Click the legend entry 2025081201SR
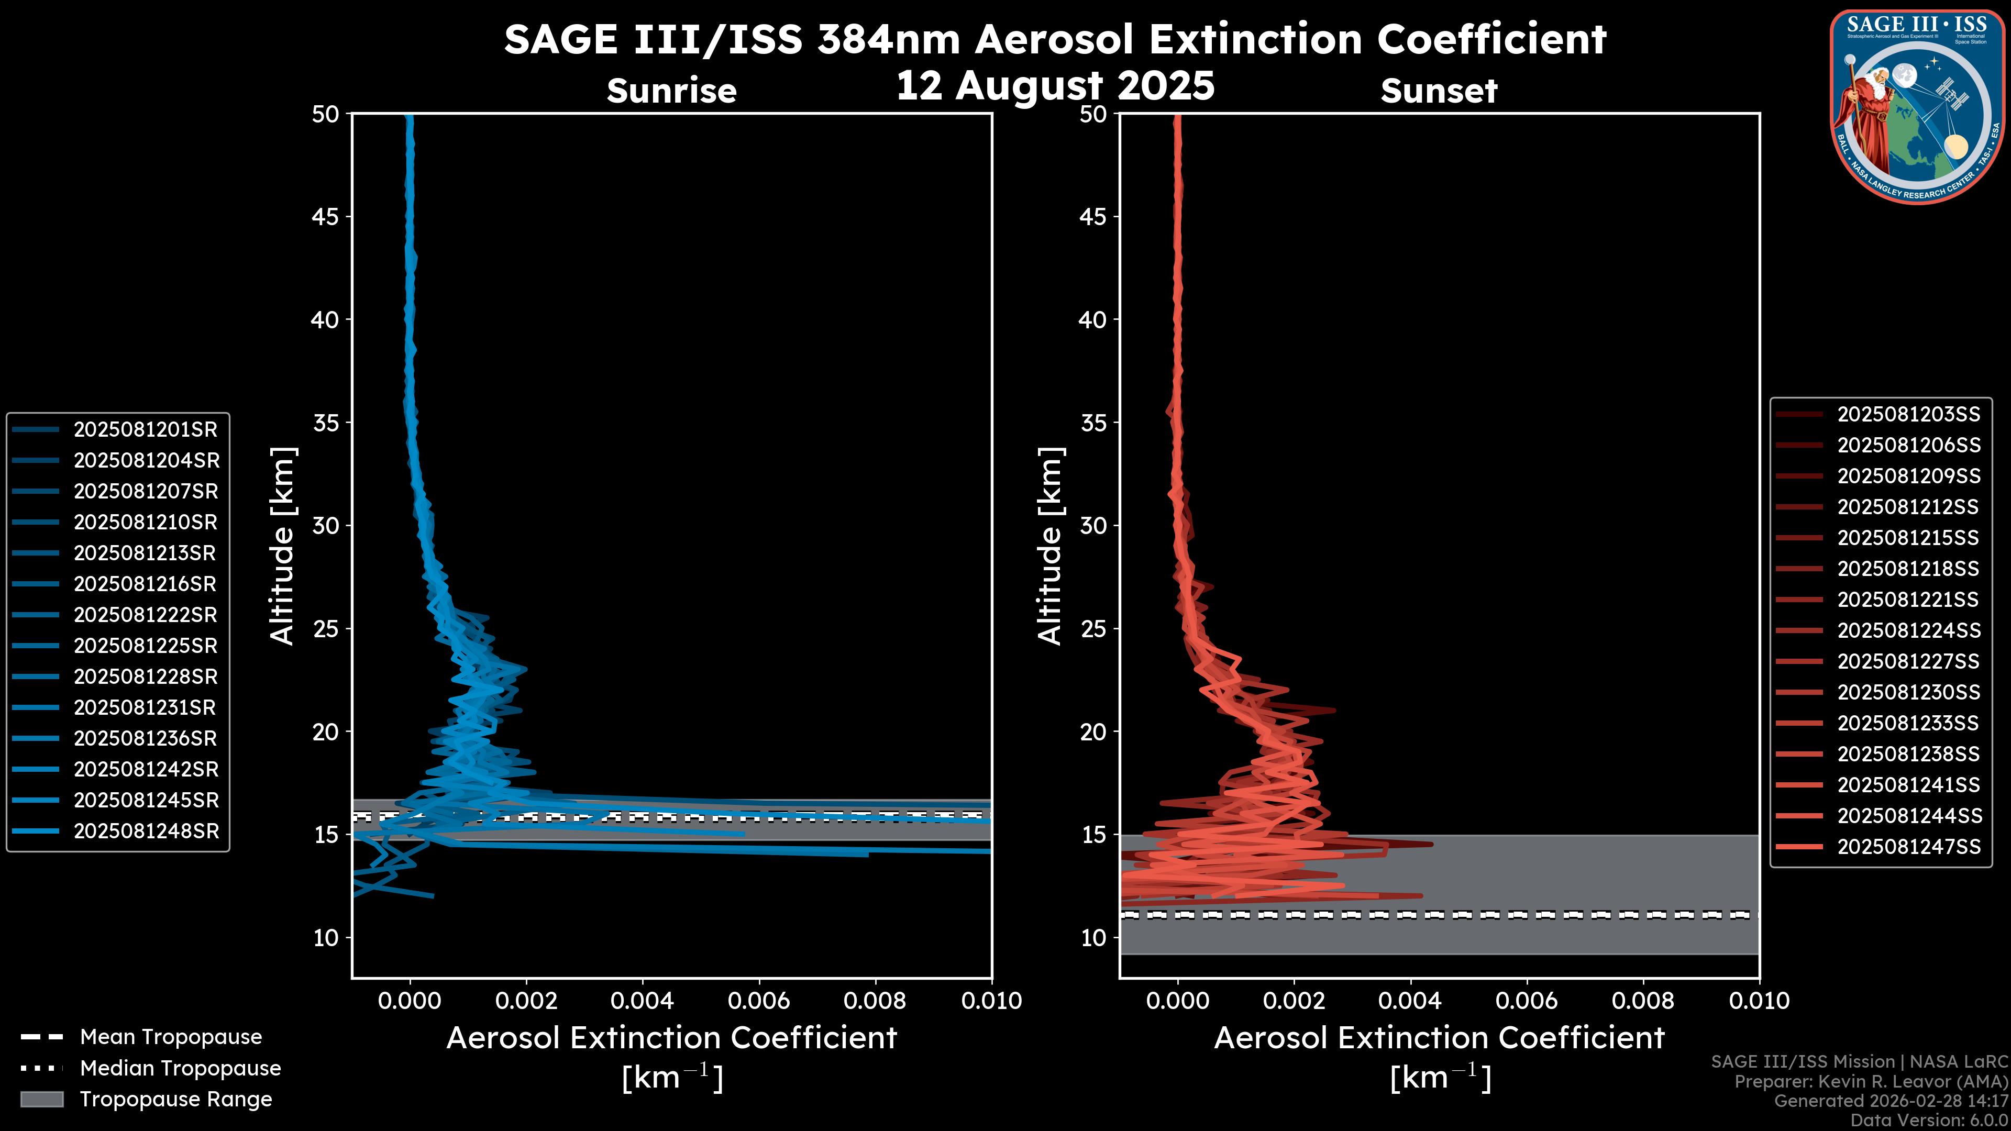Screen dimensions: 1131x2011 [145, 429]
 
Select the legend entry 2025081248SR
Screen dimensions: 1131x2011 [145, 831]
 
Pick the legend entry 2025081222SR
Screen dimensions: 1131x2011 [145, 615]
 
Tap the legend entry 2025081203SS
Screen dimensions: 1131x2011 [1908, 415]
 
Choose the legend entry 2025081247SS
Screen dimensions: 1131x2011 [1908, 847]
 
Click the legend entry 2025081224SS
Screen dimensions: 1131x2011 [1908, 630]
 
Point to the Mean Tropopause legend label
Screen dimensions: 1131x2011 [171, 1037]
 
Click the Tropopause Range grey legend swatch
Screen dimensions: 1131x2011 [41, 1100]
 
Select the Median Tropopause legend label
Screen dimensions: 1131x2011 [180, 1069]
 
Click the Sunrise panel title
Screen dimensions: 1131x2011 [671, 91]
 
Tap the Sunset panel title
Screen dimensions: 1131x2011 [1439, 91]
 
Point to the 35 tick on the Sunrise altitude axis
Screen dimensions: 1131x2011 [326, 423]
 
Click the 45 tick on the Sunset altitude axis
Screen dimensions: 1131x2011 [1093, 217]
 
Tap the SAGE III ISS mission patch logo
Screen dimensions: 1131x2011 [1917, 105]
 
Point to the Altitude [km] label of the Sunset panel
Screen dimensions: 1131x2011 [1050, 546]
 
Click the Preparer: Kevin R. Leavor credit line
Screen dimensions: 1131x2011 [1871, 1082]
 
